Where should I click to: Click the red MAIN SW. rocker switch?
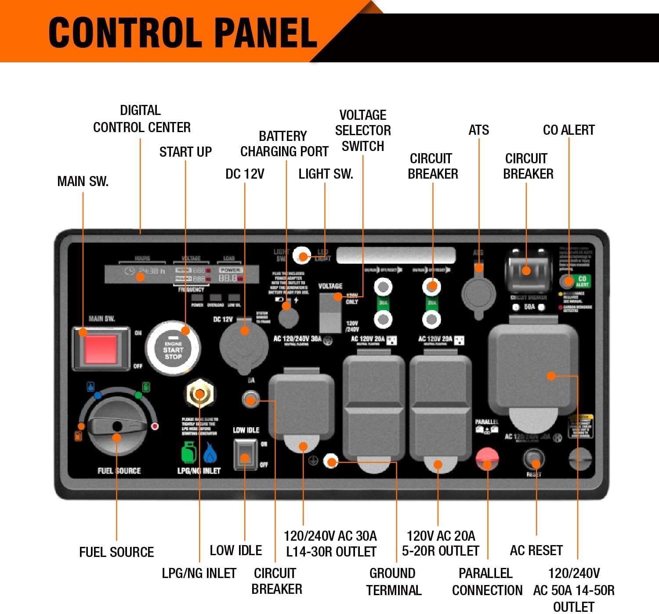pyautogui.click(x=101, y=348)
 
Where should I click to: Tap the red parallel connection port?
pyautogui.click(x=487, y=459)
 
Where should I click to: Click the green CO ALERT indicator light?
pyautogui.click(x=568, y=281)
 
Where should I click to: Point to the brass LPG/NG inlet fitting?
pyautogui.click(x=199, y=394)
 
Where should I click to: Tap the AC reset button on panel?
pyautogui.click(x=534, y=460)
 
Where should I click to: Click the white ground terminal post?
pyautogui.click(x=331, y=461)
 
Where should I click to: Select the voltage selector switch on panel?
pyautogui.click(x=330, y=312)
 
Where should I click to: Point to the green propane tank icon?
pyautogui.click(x=189, y=452)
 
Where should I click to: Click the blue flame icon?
pyautogui.click(x=210, y=453)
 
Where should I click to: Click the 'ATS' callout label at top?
pyautogui.click(x=478, y=130)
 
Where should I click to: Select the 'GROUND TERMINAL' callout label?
pyautogui.click(x=393, y=582)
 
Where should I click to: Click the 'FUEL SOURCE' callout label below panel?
pyautogui.click(x=116, y=552)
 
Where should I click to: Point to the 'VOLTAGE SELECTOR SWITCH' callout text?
pyautogui.click(x=363, y=130)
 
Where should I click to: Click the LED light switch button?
pyautogui.click(x=302, y=255)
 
